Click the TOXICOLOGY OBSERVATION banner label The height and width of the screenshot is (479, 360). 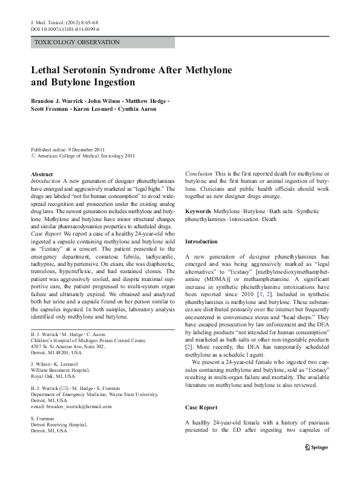(x=77, y=42)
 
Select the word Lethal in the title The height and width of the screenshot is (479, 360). (x=50, y=70)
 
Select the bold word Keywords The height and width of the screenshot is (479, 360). (x=198, y=211)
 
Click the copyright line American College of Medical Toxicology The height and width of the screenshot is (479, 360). (x=87, y=156)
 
